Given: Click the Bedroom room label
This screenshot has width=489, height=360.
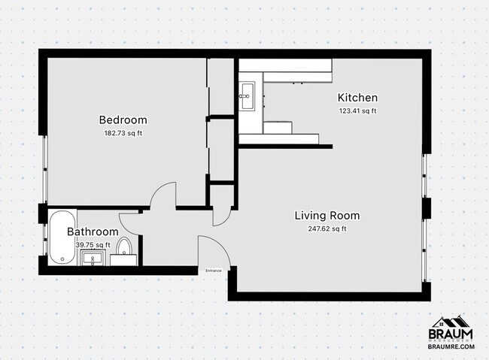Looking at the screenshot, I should (123, 119).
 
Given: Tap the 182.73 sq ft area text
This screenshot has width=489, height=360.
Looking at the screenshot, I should (123, 133).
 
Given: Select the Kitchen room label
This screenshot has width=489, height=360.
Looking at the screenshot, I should (357, 98).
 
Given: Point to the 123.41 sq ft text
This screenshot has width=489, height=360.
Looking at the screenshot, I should (357, 111).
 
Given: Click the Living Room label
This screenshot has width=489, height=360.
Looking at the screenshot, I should (327, 215).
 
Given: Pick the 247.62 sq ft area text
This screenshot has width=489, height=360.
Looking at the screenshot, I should (327, 229).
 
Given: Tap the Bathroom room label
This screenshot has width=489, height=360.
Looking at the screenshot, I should (93, 231).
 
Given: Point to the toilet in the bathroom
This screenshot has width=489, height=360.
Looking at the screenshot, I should (125, 251).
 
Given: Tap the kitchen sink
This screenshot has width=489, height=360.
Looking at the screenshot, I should (248, 93).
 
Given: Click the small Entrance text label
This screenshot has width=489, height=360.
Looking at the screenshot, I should (213, 270).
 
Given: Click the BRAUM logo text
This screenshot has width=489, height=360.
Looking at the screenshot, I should (451, 334).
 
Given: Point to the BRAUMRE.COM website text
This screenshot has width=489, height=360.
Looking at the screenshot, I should (451, 346).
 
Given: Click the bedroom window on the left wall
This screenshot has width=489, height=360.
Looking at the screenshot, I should (44, 165).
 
